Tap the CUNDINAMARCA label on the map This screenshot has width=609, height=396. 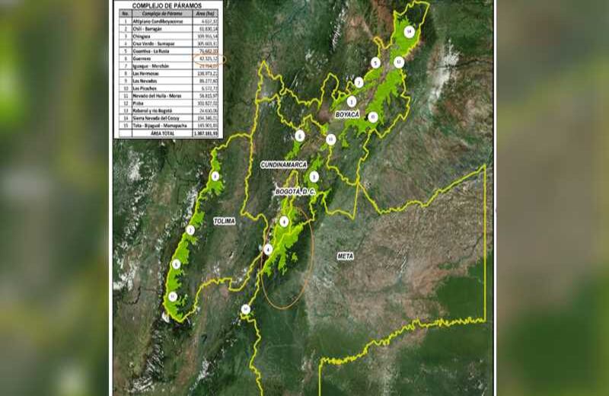(x=282, y=164)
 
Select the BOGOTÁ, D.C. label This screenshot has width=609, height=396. (x=294, y=192)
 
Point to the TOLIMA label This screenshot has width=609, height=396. (x=225, y=222)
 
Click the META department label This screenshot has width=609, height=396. (x=346, y=257)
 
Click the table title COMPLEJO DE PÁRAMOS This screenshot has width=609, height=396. (x=167, y=6)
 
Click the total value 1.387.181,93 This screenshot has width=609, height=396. (x=205, y=133)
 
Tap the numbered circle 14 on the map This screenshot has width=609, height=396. (x=410, y=31)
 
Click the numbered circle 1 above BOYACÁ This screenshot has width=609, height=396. (x=352, y=101)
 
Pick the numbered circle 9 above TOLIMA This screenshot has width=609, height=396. (x=215, y=176)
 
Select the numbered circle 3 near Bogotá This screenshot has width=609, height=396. (x=314, y=177)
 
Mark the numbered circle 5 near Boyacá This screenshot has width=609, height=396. (x=375, y=62)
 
